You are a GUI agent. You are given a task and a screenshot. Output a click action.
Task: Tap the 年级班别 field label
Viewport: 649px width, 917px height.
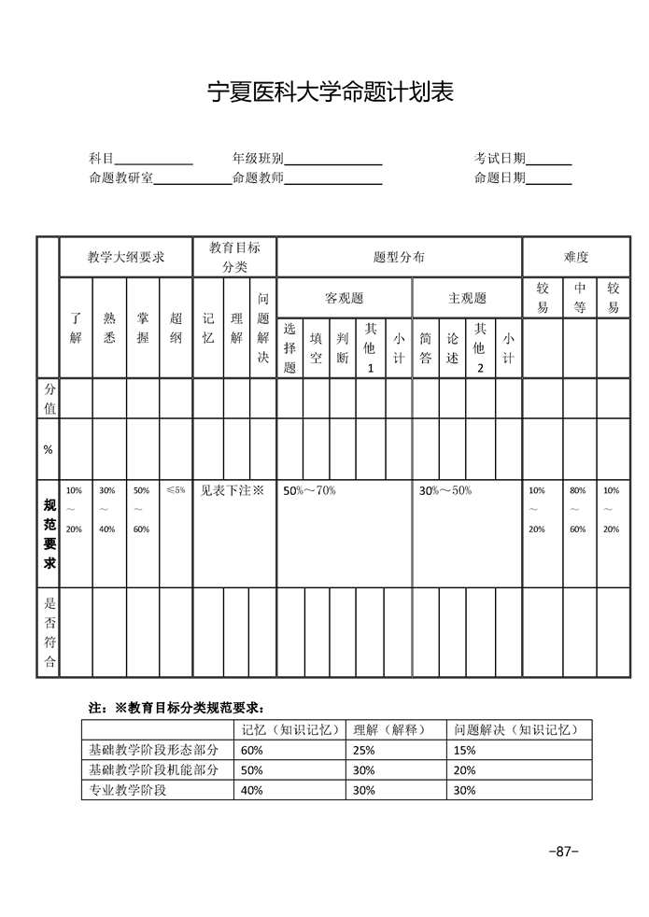click(258, 159)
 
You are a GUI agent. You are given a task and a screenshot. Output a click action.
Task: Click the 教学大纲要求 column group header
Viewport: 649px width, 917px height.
click(126, 257)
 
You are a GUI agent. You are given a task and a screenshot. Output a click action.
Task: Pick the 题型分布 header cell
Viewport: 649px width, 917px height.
click(399, 257)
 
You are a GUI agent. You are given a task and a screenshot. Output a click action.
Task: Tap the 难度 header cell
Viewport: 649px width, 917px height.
click(576, 257)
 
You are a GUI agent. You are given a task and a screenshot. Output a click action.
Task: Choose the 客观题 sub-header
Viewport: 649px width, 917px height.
click(344, 299)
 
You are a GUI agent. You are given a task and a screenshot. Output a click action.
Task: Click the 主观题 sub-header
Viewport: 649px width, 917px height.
click(467, 299)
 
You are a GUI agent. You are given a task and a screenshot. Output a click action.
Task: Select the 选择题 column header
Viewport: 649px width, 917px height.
click(289, 347)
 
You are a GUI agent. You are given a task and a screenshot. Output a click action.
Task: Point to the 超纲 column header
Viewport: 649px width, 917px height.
click(176, 328)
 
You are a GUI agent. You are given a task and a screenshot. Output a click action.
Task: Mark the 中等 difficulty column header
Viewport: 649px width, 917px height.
click(580, 298)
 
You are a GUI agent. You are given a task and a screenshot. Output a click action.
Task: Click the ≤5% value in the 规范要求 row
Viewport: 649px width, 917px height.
click(176, 489)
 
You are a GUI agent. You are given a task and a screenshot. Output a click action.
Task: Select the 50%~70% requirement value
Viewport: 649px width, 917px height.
click(309, 490)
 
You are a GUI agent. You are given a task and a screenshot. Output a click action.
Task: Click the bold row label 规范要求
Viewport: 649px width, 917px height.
click(49, 533)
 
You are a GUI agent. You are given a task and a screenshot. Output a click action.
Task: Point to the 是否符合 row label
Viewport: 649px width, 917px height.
click(49, 633)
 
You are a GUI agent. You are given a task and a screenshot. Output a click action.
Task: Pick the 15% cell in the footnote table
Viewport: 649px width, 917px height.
click(464, 750)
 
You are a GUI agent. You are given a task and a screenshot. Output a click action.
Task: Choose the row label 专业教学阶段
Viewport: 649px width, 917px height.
click(127, 790)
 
